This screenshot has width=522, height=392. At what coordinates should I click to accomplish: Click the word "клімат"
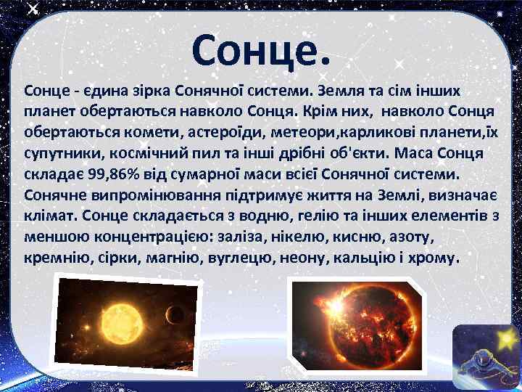coord(51,217)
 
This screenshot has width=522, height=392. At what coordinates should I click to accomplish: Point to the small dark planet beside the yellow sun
coord(173,314)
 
